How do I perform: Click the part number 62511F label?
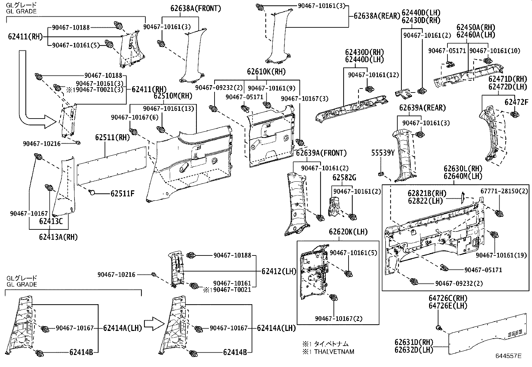tap(122, 194)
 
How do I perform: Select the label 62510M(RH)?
tap(173, 96)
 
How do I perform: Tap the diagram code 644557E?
tap(508, 356)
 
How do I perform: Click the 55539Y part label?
tap(383, 153)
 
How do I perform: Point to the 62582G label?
tap(344, 177)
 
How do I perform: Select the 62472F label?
tap(516, 102)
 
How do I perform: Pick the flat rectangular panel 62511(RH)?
tap(112, 165)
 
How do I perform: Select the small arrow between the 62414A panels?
tap(156, 324)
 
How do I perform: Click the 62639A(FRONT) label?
tap(321, 153)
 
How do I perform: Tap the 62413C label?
tap(51, 221)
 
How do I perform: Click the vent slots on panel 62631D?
tap(514, 333)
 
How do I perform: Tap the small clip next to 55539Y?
tap(381, 174)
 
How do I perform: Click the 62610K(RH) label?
tap(266, 71)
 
